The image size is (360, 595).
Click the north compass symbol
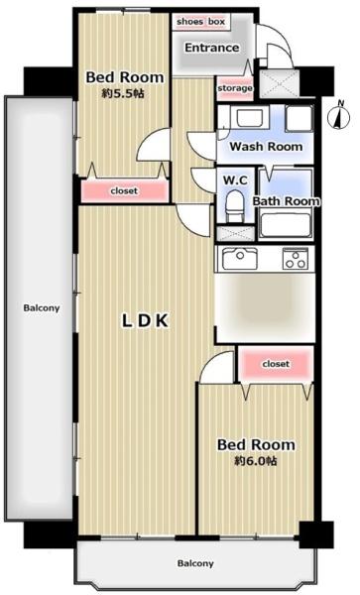tap(339, 115)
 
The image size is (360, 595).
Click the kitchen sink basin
tap(240, 258)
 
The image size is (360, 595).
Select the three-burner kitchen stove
tap(296, 259)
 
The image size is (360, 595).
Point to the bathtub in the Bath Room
tap(286, 225)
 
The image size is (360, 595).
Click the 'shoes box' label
tap(200, 22)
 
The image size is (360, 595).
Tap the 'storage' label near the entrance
tap(235, 88)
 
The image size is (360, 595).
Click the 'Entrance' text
tap(211, 48)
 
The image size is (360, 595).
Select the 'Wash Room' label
tap(266, 146)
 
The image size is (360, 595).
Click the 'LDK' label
tap(145, 320)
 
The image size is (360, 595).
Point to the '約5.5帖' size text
tap(123, 93)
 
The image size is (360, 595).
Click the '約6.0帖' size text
tap(255, 461)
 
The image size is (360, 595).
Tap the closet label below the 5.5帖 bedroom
tap(124, 190)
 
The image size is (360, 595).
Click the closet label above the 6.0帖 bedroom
tap(276, 364)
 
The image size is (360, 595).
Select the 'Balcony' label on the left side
tap(42, 307)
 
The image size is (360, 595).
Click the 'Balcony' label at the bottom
tap(195, 563)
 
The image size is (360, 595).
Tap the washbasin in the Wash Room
tap(250, 117)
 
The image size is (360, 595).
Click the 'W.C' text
tap(235, 180)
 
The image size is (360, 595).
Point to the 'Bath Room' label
tap(286, 200)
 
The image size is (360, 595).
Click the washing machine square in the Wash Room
tap(299, 118)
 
